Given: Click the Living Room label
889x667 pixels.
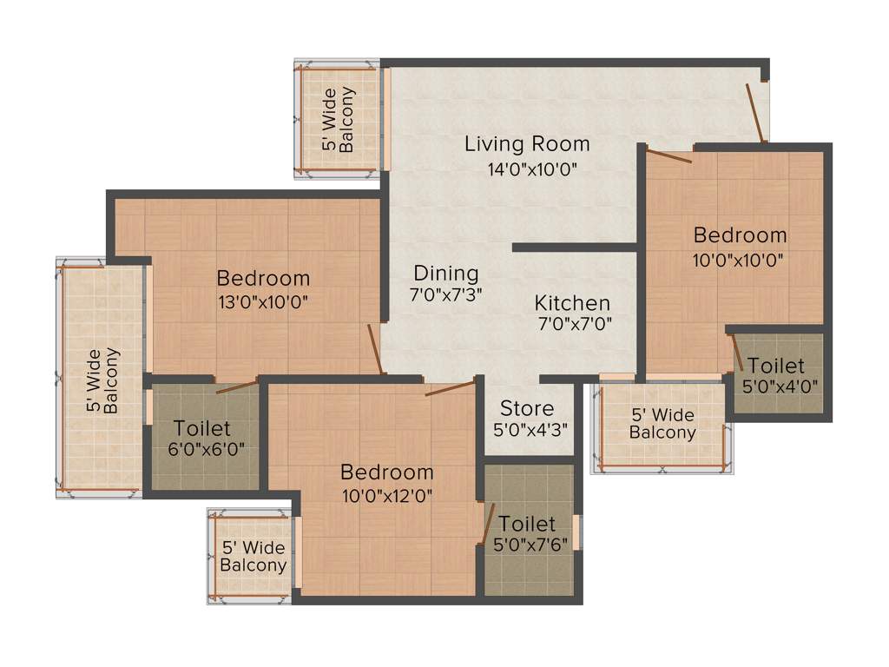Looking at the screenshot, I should click(527, 144).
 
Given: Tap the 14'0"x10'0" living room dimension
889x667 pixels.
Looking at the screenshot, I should click(532, 169).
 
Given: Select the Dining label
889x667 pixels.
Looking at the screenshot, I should click(445, 273).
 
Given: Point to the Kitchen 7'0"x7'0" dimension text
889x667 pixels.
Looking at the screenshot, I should click(573, 325).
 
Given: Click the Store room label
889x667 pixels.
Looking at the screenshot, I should click(526, 408).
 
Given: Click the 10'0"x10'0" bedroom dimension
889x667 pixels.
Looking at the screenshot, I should click(740, 258).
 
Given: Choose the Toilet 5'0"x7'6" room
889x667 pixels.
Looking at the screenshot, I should click(528, 534).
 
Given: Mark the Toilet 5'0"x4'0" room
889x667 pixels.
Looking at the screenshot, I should click(777, 375).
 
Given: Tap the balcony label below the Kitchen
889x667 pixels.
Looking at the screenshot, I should click(662, 424).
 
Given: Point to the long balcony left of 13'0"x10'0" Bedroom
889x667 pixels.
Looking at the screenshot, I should click(102, 379).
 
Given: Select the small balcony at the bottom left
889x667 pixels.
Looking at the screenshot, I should click(253, 556).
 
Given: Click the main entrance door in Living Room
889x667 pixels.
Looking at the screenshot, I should click(756, 114).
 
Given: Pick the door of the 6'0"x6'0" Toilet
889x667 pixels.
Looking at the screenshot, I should click(237, 386).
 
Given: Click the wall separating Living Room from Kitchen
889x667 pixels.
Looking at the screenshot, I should click(576, 248).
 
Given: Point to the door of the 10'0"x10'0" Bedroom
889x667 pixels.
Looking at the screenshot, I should click(668, 157).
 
